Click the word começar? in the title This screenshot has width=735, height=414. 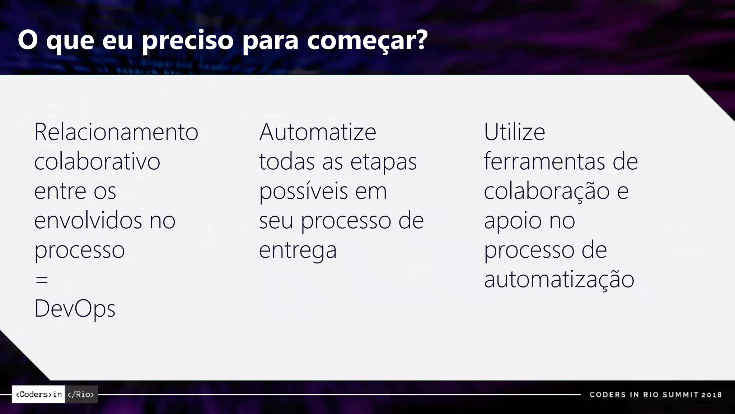click(x=367, y=40)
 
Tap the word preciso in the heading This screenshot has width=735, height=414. click(x=188, y=40)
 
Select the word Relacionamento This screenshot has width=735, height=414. click(x=116, y=132)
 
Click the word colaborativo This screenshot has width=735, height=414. click(x=97, y=161)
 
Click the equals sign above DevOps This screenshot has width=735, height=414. click(x=42, y=279)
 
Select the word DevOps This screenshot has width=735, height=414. click(x=75, y=309)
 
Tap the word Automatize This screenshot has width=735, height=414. click(x=318, y=132)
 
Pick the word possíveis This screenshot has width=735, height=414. click(x=303, y=191)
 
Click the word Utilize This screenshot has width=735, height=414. click(x=514, y=132)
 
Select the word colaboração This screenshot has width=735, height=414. click(x=547, y=191)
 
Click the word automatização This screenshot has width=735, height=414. click(x=559, y=279)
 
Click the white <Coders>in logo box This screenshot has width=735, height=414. click(x=38, y=394)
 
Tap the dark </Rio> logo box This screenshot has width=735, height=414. click(x=81, y=394)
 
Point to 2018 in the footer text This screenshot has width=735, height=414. click(x=712, y=395)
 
